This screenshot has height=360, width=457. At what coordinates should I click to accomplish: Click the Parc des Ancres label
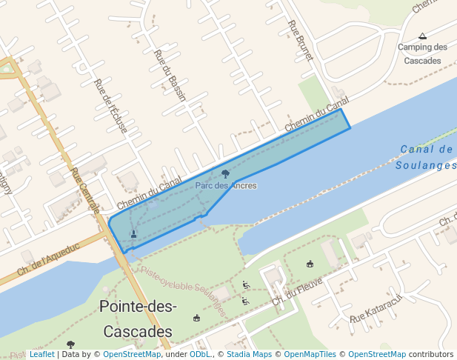[x=226, y=185]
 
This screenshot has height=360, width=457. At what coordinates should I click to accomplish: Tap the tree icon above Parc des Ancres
[x=225, y=174]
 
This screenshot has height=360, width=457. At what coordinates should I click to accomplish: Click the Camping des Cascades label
[x=422, y=54]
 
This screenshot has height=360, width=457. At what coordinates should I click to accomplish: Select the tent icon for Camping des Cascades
[x=422, y=36]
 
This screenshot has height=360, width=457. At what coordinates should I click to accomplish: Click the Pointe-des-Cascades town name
[x=138, y=319]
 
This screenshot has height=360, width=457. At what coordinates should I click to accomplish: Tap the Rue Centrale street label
[x=85, y=190]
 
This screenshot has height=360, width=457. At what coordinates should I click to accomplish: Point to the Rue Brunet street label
[x=300, y=41]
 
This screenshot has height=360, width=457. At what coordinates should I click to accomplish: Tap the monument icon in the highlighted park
[x=133, y=234]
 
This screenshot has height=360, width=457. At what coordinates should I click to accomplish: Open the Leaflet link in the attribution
[x=42, y=354]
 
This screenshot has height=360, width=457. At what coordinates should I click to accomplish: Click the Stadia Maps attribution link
[x=249, y=354]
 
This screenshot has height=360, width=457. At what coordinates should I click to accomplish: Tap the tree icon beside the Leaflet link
[x=70, y=344]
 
